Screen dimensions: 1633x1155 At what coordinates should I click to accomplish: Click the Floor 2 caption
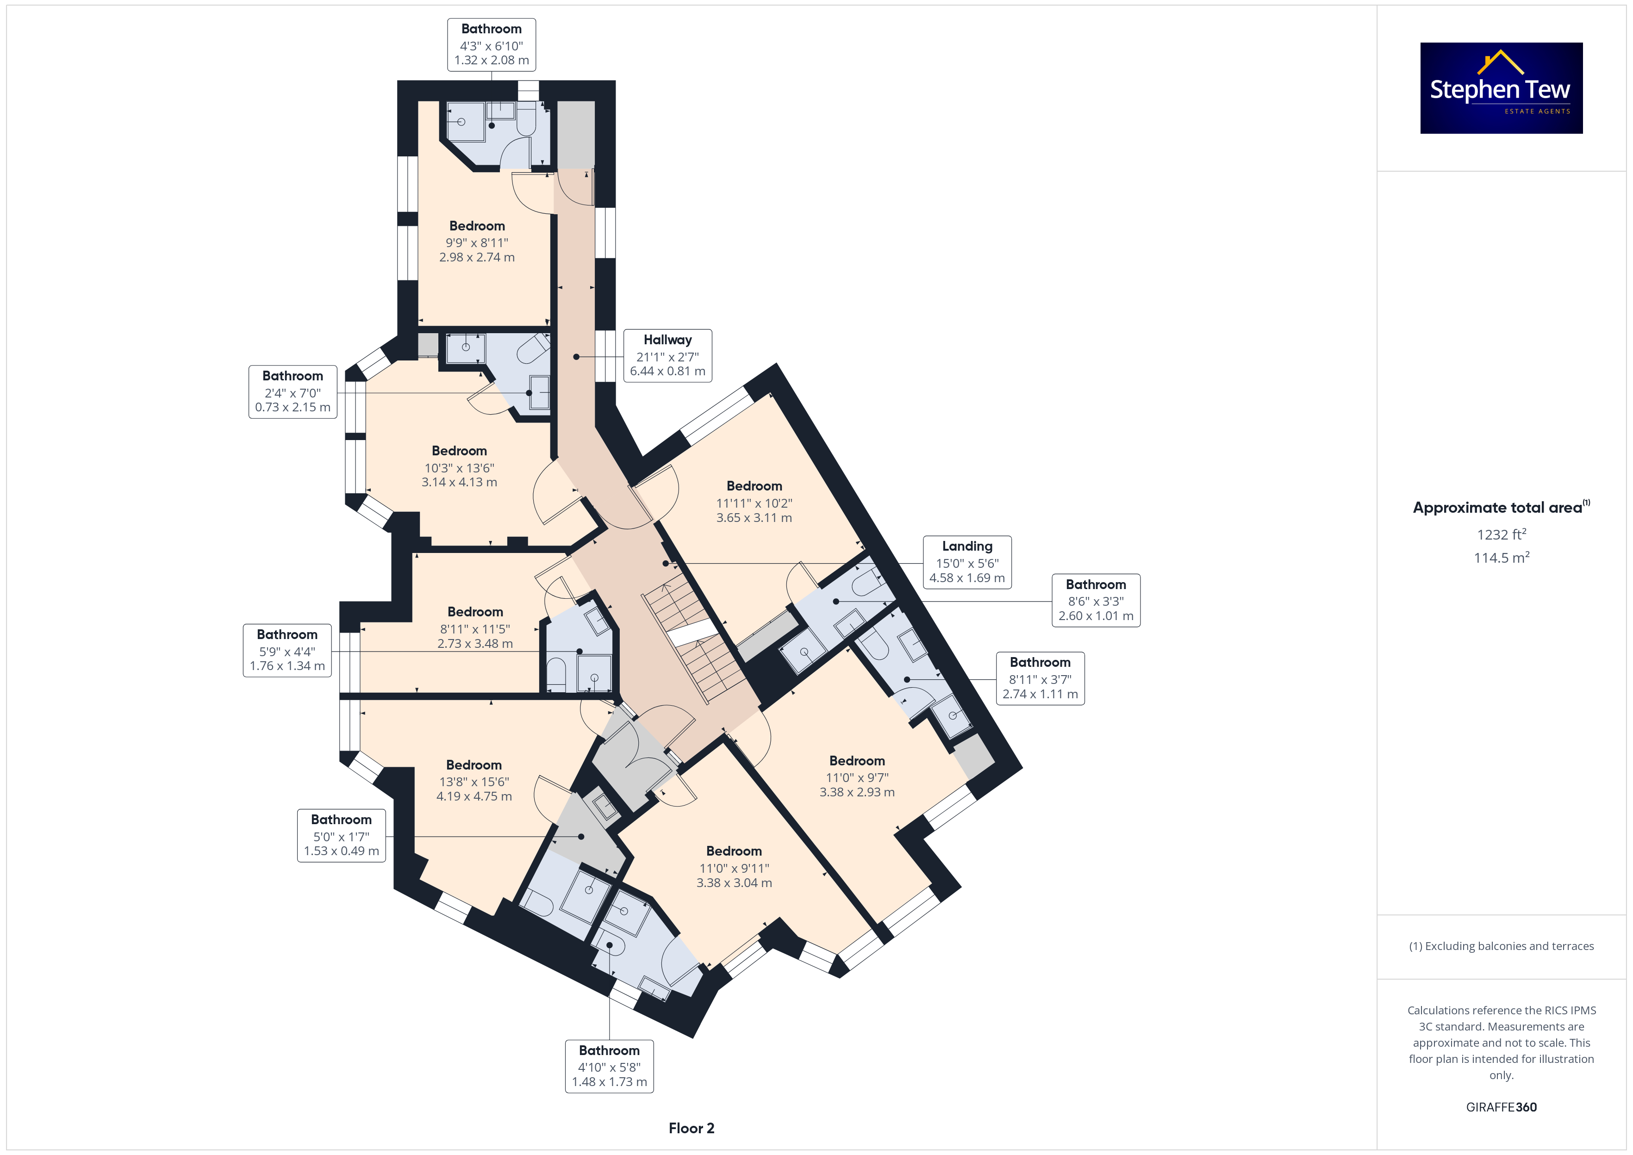click(692, 1128)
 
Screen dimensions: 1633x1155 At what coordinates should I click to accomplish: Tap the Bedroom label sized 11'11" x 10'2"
click(754, 502)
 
